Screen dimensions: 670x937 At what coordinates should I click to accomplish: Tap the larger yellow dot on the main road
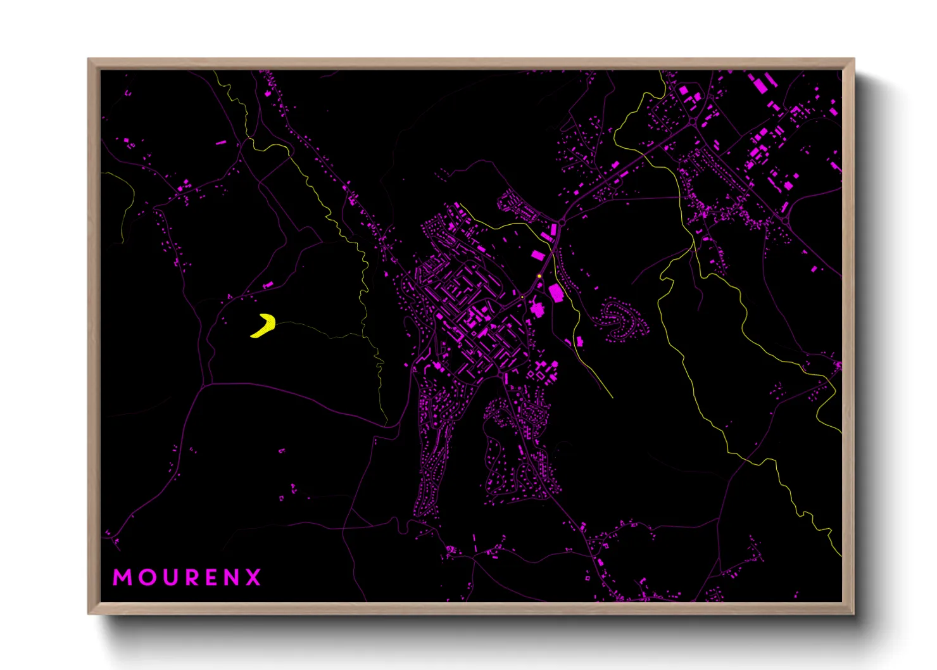pos(539,276)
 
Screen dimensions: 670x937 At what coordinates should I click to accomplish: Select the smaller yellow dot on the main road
pos(522,296)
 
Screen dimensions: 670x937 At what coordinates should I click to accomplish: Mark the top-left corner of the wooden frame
pos(89,60)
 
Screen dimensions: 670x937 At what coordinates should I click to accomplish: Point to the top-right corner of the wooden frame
pos(853,60)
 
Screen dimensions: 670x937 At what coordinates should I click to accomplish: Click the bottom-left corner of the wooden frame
pos(89,613)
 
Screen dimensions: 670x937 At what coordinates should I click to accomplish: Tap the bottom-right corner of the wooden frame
pos(853,613)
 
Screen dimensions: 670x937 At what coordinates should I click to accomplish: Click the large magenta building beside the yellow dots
pos(557,293)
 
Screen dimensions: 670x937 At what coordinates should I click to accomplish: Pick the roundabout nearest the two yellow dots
pos(561,223)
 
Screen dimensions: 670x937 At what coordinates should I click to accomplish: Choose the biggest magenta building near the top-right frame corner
pos(757,84)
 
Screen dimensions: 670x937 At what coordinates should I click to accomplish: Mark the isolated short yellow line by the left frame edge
pos(127,203)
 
